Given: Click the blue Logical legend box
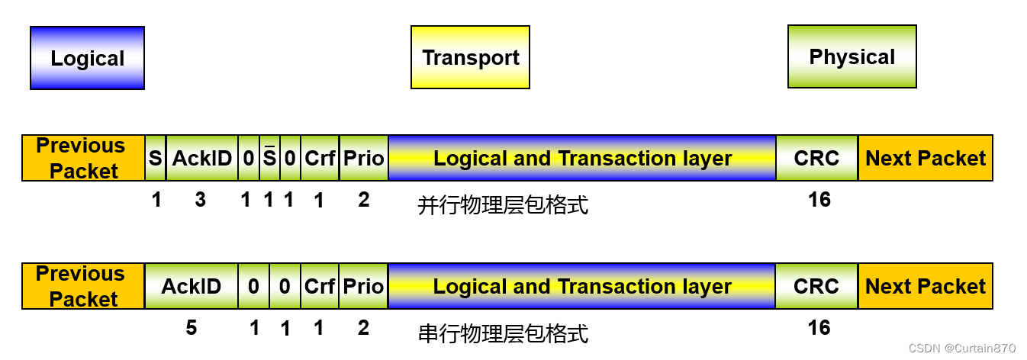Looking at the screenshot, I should tap(87, 58).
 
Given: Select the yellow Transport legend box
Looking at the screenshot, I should tap(470, 57).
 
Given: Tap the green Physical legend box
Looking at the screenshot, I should tap(852, 56).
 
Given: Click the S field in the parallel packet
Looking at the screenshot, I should tap(156, 159).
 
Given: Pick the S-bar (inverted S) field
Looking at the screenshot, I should tap(269, 159).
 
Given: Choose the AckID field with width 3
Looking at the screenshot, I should tap(201, 159).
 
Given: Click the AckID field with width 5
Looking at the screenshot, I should tap(191, 287).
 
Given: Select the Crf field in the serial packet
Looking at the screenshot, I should tap(320, 287).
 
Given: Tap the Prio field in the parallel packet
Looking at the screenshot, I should tap(363, 159).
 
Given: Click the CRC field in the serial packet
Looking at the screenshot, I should tap(816, 287).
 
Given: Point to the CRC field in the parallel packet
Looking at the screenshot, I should tap(816, 159).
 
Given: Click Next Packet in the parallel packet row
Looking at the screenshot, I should tap(926, 159).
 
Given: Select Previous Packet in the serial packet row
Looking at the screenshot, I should tap(83, 287).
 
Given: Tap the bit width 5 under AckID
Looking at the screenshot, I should tap(191, 328).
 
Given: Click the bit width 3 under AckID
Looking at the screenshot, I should tap(201, 200).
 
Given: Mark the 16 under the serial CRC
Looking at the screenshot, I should tap(819, 328).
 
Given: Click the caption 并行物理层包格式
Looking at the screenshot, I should tap(503, 204).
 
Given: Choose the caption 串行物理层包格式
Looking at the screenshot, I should tap(503, 333).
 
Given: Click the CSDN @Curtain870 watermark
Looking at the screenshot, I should tap(962, 349).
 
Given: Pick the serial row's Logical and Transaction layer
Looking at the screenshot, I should tap(582, 287).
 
